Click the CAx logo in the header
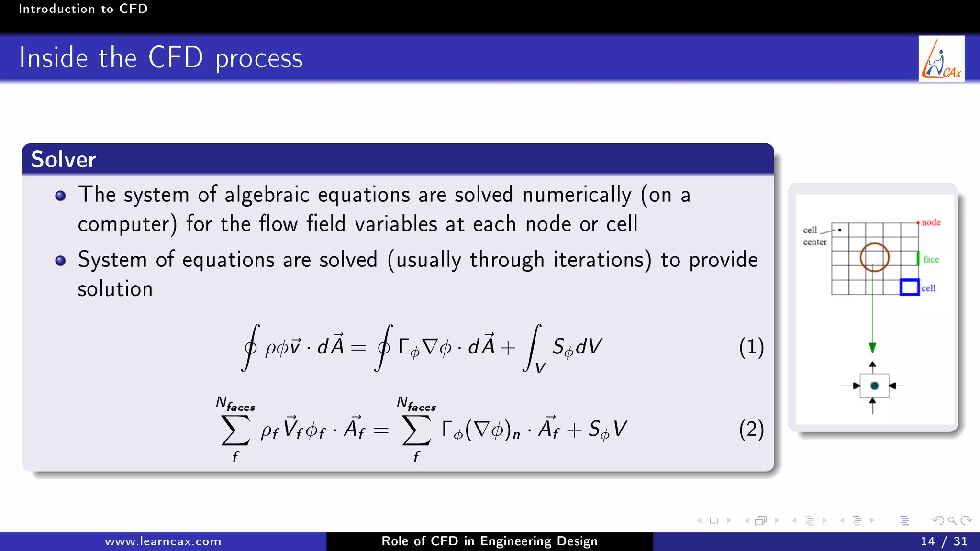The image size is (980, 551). (x=941, y=59)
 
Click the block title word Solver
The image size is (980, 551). (x=63, y=159)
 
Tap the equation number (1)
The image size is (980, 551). (x=751, y=347)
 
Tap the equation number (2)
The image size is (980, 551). (x=751, y=429)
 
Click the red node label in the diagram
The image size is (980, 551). (x=931, y=222)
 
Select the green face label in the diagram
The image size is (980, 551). (x=931, y=259)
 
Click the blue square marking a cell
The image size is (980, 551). (x=909, y=287)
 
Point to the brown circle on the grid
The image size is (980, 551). (x=874, y=257)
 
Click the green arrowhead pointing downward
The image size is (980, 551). (x=872, y=348)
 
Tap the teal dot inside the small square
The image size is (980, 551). (x=874, y=386)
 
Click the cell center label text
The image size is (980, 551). (x=814, y=236)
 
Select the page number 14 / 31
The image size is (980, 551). (x=944, y=541)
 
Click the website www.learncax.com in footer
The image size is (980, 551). (x=163, y=541)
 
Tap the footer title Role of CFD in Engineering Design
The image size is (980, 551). (x=489, y=541)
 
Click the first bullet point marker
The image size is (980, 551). (x=60, y=196)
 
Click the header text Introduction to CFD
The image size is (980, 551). (x=83, y=9)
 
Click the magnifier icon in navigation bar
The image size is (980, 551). (x=952, y=520)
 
